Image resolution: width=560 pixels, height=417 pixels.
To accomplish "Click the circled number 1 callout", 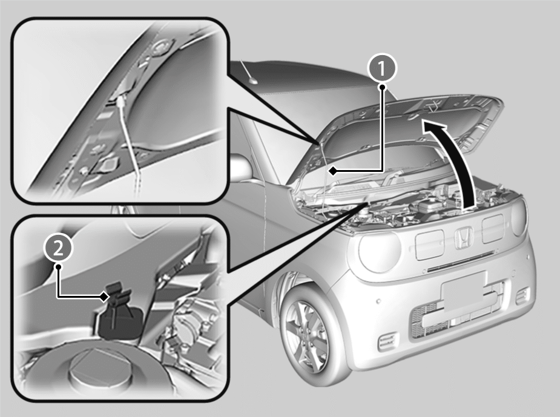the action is (382, 68).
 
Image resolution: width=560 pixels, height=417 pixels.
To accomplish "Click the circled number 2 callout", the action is (58, 248).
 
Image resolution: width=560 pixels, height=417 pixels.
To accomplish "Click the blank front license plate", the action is (464, 291).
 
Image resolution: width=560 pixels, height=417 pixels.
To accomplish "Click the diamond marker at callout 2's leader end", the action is (104, 296).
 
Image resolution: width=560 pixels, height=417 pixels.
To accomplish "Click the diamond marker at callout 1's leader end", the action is (332, 171).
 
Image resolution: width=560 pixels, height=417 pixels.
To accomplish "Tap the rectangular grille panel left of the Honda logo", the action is (430, 244).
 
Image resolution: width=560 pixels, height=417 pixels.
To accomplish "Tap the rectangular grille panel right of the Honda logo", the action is (493, 228).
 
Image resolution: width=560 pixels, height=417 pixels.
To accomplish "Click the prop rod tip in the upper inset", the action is (119, 102).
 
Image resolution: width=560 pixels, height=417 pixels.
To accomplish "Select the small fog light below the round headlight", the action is (387, 341).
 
